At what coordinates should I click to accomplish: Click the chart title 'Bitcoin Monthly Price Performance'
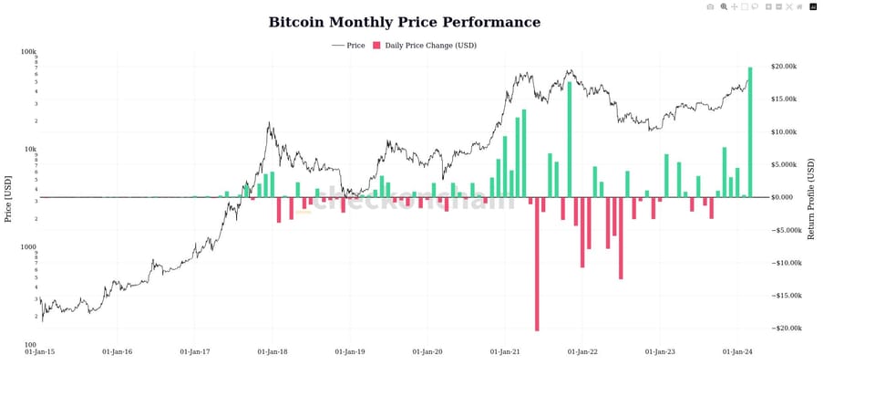coord(404,23)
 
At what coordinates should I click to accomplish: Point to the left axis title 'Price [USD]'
coord(8,199)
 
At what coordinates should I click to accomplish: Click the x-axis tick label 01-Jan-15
coord(40,351)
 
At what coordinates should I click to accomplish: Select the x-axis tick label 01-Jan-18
coord(273,351)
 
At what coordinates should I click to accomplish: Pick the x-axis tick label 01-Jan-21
coord(505,351)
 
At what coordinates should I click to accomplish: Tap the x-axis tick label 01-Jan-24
coord(737,351)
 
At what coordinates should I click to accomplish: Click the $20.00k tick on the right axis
coord(785,67)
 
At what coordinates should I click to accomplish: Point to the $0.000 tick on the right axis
coord(783,197)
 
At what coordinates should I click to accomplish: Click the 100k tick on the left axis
coord(28,52)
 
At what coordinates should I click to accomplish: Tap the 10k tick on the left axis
coord(30,150)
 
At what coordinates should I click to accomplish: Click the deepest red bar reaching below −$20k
coord(537,264)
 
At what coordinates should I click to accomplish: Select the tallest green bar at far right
coord(750,132)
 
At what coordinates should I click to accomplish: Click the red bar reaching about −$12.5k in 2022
coord(621,238)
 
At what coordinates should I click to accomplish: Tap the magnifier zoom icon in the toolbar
coord(724,6)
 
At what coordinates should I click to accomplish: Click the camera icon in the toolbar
coord(710,6)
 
